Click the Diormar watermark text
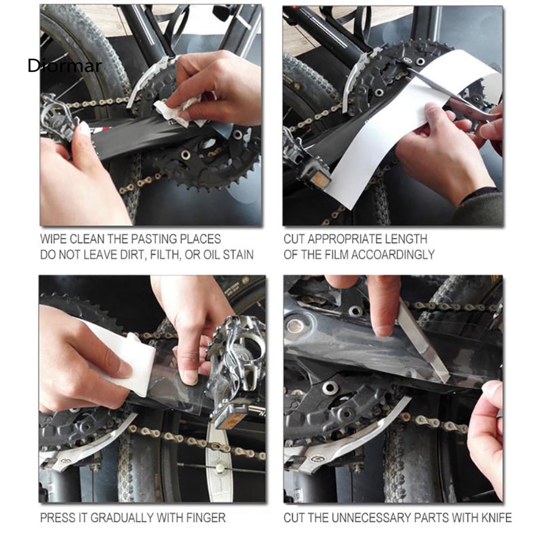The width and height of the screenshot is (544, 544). (x=65, y=66)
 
